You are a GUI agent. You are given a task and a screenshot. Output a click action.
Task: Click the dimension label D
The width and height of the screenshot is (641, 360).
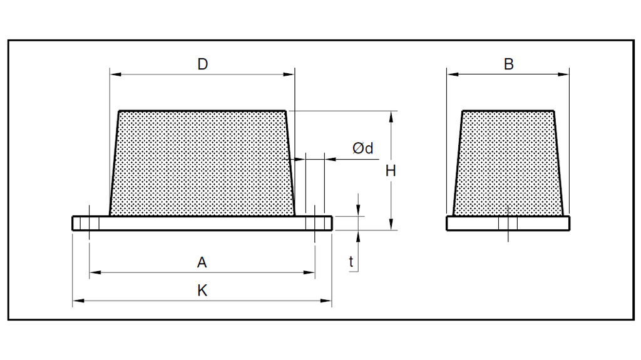coord(202,64)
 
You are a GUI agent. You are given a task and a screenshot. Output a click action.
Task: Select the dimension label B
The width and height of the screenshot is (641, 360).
coord(508,64)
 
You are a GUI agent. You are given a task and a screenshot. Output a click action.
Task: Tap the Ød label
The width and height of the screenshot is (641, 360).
coord(363,148)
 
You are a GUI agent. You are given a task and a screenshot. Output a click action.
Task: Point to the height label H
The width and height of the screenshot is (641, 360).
coord(391,170)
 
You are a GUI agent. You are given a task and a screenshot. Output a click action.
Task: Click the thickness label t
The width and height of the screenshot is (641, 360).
coord(352,263)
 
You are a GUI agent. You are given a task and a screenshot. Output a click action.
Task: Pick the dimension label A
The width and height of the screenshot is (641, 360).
coord(202,263)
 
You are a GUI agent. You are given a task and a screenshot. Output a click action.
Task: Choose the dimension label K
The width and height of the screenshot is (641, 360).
coord(202,291)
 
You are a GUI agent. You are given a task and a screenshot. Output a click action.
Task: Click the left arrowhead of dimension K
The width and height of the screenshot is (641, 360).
coord(76,302)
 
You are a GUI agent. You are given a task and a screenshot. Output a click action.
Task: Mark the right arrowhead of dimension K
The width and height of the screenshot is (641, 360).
coord(327,302)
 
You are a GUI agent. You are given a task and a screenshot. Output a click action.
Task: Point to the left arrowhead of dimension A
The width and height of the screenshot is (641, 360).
coord(93,273)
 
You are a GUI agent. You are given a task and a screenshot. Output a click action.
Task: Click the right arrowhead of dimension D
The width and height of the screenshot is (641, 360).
coord(290,75)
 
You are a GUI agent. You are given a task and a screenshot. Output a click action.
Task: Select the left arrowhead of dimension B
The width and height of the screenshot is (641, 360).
coord(451,75)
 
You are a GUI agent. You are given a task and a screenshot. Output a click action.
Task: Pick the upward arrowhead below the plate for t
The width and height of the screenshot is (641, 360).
coord(358,235)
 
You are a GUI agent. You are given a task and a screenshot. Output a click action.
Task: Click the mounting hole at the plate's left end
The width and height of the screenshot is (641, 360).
coord(90,224)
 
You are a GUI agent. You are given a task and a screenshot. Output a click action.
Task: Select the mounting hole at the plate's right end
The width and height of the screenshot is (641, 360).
coord(314,224)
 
